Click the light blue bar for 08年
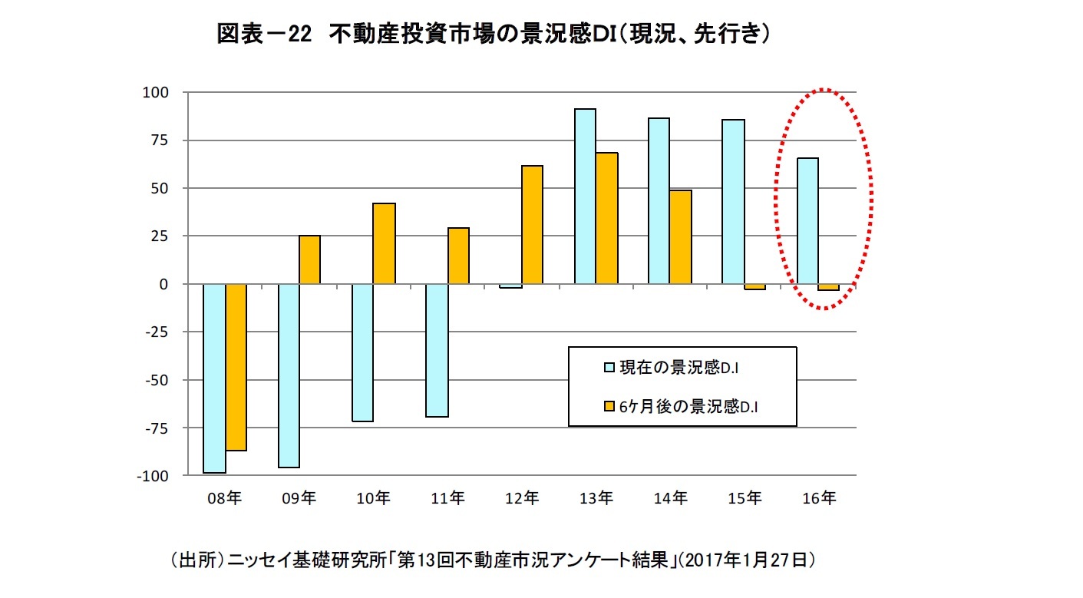point(214,378)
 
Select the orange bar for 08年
point(236,367)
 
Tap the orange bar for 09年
point(310,259)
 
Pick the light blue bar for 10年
point(362,352)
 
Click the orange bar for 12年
point(532,225)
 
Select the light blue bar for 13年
point(585,197)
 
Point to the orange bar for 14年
point(681,237)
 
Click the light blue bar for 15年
point(733,202)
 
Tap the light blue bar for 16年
point(807,221)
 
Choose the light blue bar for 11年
point(437,350)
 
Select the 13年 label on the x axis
point(596,498)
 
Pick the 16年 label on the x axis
point(819,498)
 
